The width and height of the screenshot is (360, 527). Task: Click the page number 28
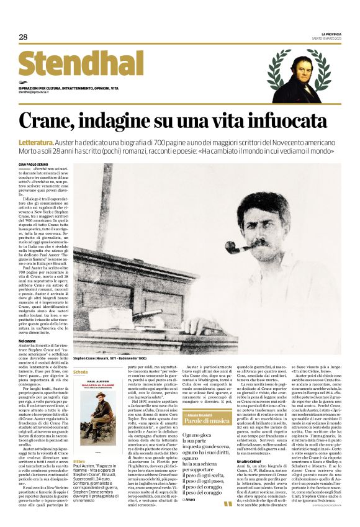coord(23,37)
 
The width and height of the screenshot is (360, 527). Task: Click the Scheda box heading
coord(81,372)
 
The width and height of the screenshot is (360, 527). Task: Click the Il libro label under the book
coord(79,462)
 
